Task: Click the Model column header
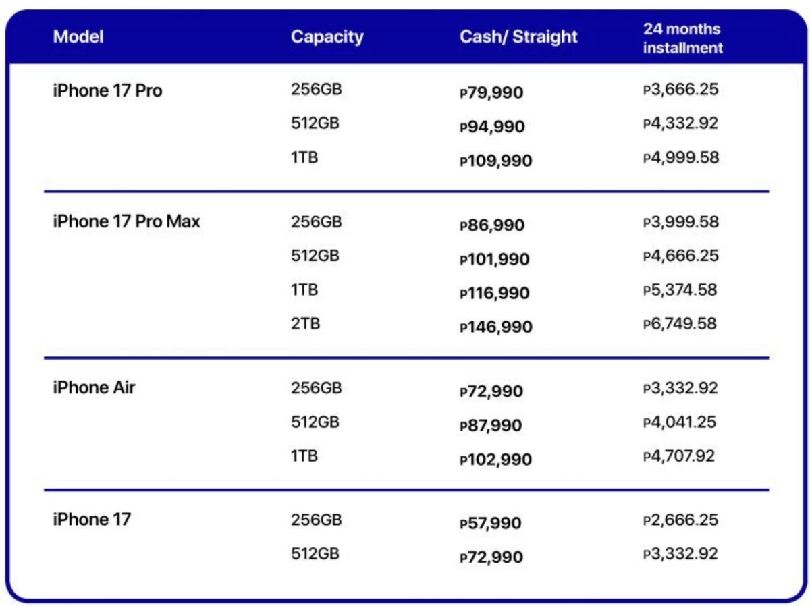(x=78, y=36)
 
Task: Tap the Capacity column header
(x=327, y=36)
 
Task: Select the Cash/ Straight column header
(x=518, y=36)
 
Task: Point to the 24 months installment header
(x=682, y=38)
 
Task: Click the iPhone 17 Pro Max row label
(x=126, y=221)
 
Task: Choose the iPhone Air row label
(x=94, y=388)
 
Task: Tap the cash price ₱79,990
(x=491, y=92)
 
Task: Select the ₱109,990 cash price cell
(x=495, y=161)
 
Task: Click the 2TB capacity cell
(x=305, y=324)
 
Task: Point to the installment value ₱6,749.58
(x=680, y=324)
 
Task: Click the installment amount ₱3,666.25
(x=680, y=89)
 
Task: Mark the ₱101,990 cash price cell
(x=494, y=260)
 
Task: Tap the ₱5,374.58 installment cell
(x=680, y=290)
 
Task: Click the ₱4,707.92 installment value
(x=678, y=456)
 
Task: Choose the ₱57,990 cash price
(x=491, y=524)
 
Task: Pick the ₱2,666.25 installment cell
(x=680, y=520)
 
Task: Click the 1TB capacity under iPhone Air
(x=304, y=456)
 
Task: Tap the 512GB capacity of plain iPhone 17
(x=315, y=554)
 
